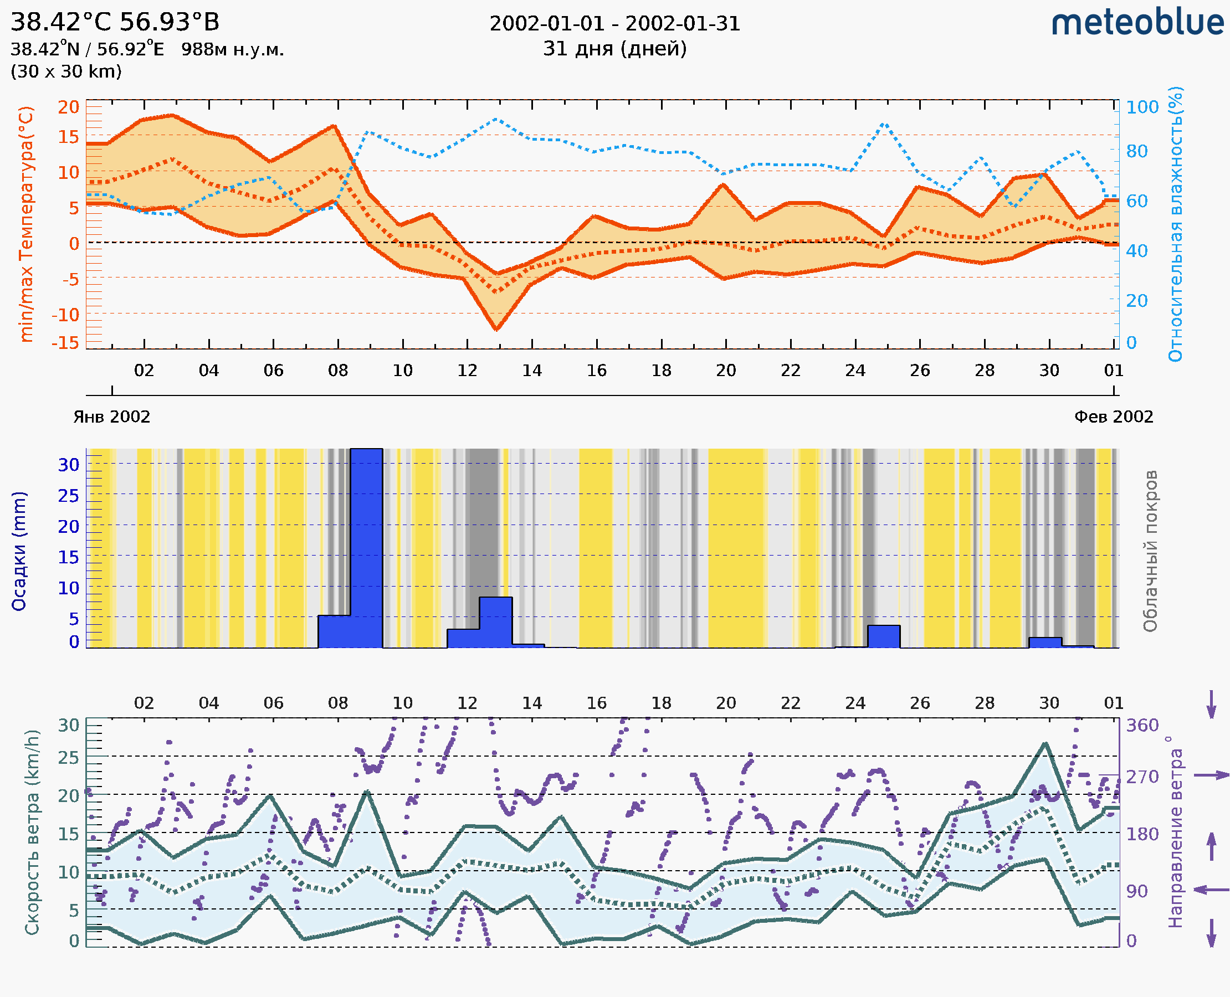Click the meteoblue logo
pyautogui.click(x=1137, y=23)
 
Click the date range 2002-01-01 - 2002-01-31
pyautogui.click(x=614, y=24)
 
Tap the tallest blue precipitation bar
pyautogui.click(x=366, y=548)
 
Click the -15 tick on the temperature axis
pyautogui.click(x=65, y=343)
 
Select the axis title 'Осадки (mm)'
pyautogui.click(x=19, y=551)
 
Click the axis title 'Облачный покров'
pyautogui.click(x=1150, y=551)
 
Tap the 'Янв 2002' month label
pyautogui.click(x=111, y=417)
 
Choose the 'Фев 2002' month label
pyautogui.click(x=1114, y=417)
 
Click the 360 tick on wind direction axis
pyautogui.click(x=1142, y=726)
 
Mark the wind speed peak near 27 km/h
pyautogui.click(x=1045, y=744)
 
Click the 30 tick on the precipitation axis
pyautogui.click(x=68, y=465)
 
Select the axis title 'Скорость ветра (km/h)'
pyautogui.click(x=32, y=832)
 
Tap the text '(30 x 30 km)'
pyautogui.click(x=66, y=71)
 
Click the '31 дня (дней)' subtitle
pyautogui.click(x=614, y=48)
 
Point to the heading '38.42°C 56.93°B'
pyautogui.click(x=115, y=22)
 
